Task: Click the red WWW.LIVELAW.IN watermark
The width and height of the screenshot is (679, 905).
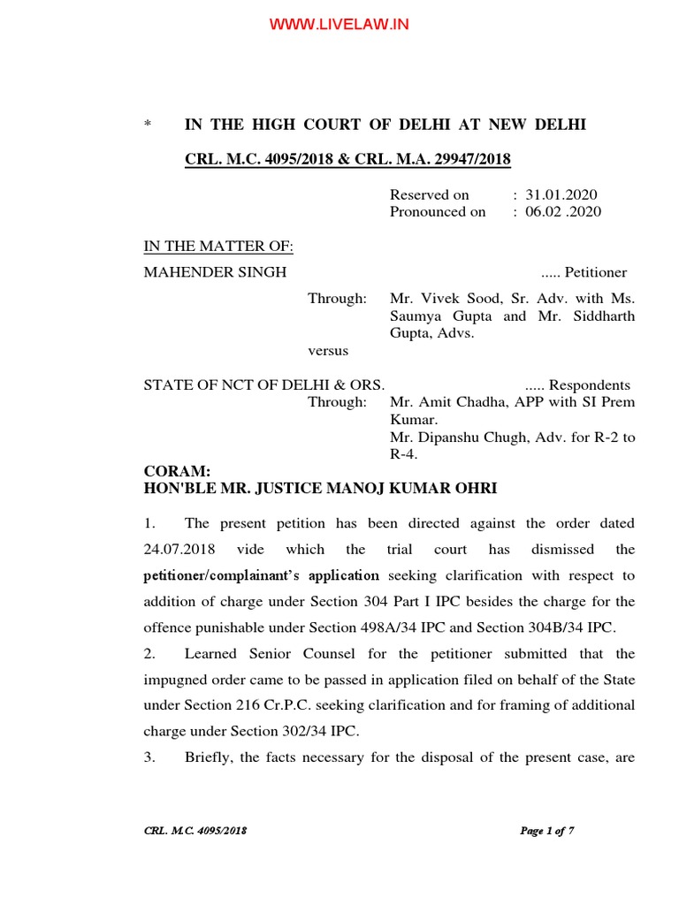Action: [x=339, y=24]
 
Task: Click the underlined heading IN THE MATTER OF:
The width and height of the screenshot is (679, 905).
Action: [x=218, y=247]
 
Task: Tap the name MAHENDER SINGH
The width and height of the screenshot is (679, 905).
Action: [x=215, y=272]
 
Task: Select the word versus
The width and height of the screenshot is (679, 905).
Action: [x=328, y=351]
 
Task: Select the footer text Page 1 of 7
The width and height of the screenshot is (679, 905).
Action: [x=546, y=831]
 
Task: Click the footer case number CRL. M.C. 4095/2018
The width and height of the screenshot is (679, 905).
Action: [x=195, y=831]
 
